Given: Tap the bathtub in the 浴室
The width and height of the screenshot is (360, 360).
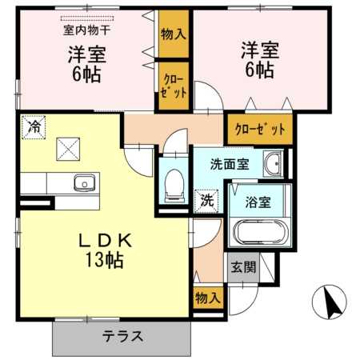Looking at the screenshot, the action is click(261, 231).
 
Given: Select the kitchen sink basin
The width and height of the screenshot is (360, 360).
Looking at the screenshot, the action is click(84, 182).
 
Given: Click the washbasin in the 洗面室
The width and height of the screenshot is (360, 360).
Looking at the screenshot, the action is click(273, 164).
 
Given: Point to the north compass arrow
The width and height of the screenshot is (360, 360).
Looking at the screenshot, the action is click(331, 302).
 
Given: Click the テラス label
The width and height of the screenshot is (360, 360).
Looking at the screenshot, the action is click(123, 336).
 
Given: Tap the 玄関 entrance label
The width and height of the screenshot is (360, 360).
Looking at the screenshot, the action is click(243, 267).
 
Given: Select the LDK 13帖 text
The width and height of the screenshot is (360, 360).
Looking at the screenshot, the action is click(105, 250).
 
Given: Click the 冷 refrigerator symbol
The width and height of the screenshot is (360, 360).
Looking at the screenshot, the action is click(34, 127).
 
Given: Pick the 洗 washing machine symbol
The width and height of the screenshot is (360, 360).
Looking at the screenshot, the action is click(206, 201).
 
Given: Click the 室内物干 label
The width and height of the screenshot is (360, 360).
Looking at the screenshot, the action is click(87, 30).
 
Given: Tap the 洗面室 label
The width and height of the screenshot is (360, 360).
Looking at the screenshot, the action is click(230, 164).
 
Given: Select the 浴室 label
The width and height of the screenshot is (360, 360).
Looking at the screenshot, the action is click(258, 202).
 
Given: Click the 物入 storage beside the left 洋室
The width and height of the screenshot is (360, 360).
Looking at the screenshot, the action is click(174, 34).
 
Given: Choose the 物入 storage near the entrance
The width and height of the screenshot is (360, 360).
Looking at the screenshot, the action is click(208, 298).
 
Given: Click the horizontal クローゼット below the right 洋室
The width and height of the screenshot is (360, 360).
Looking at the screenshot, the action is click(260, 130).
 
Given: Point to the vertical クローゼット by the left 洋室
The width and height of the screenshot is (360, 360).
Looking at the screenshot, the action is click(174, 86).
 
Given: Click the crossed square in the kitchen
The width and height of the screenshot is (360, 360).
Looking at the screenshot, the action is click(68, 149).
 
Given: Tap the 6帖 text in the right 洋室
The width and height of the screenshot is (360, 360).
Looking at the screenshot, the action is click(259, 70).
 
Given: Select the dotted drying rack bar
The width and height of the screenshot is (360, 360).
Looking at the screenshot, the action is click(87, 18).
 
